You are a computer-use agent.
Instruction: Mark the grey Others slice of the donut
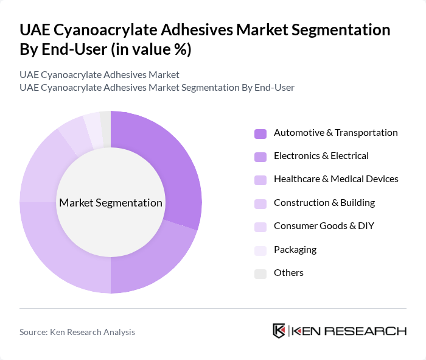(x=106, y=121)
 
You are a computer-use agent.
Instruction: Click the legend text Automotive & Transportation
(x=335, y=133)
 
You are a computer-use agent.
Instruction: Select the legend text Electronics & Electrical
(x=321, y=156)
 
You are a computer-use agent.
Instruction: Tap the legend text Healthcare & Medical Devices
(x=336, y=179)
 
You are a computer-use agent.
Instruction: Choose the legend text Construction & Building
(x=324, y=203)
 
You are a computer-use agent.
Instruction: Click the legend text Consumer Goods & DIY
(x=324, y=226)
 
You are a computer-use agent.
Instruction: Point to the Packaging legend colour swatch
(x=260, y=250)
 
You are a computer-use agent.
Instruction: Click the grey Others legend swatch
(x=260, y=274)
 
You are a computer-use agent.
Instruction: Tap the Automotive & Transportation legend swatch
(x=260, y=133)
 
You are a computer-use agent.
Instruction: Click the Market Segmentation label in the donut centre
(x=111, y=203)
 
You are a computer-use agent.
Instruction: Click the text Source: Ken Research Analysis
(x=77, y=332)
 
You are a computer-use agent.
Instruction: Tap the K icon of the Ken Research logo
(x=279, y=331)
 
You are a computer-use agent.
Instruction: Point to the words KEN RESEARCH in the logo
(x=349, y=331)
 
